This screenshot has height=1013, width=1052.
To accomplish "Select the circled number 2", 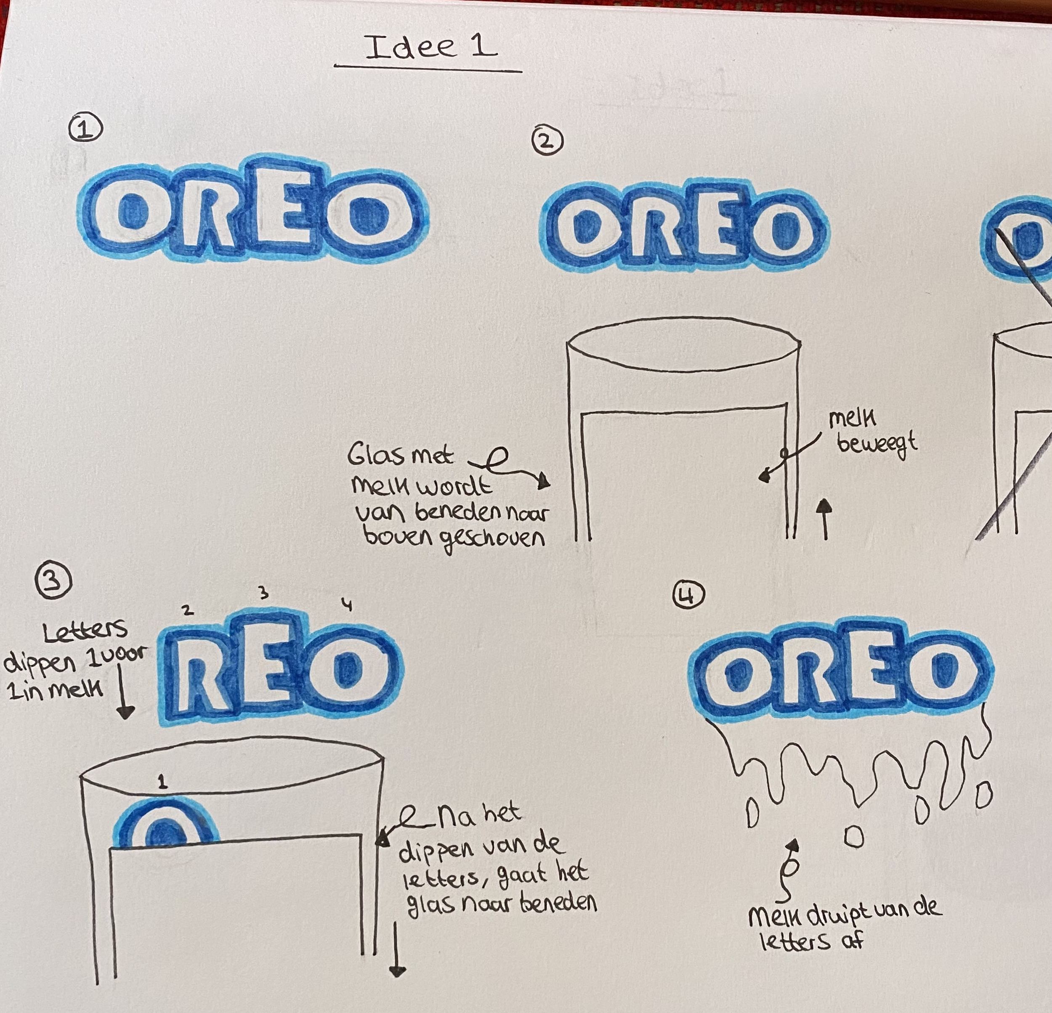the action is (547, 141).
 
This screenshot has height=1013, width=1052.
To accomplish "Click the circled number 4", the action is (688, 596).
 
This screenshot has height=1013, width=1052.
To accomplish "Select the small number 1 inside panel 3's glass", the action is (162, 782).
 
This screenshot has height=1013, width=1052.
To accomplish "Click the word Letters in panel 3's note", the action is (85, 631).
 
